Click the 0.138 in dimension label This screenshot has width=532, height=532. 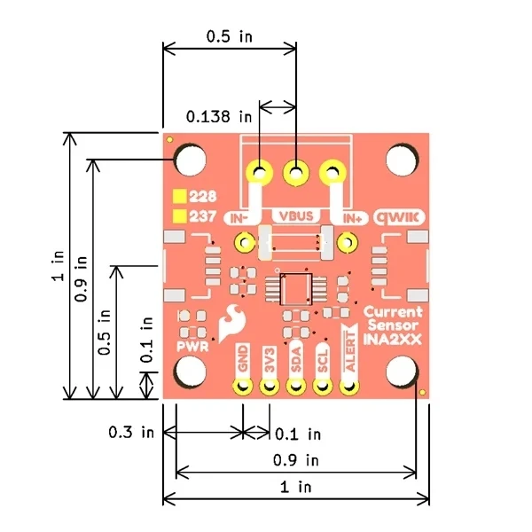click(219, 117)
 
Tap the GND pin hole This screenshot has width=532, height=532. click(243, 386)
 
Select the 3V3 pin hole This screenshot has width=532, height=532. click(270, 386)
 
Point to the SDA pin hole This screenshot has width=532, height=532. click(296, 386)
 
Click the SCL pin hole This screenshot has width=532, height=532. click(323, 386)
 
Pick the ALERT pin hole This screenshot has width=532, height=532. click(349, 386)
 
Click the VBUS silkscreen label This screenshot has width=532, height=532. click(296, 216)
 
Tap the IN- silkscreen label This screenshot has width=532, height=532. click(239, 219)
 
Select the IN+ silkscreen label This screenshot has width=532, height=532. click(352, 219)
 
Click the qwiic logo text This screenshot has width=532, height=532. click(399, 217)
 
